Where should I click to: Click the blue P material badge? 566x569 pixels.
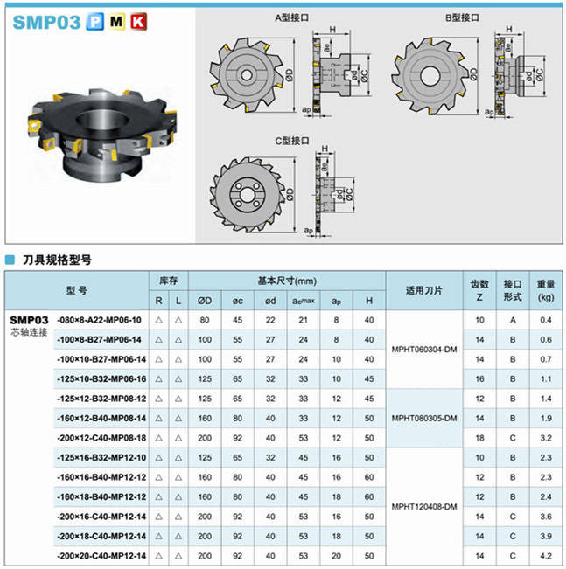point(94,21)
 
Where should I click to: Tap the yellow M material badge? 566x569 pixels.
point(116,21)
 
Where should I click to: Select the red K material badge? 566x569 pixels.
point(138,21)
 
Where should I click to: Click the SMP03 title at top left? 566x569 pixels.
point(46,22)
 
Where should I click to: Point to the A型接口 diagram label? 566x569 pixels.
point(291,17)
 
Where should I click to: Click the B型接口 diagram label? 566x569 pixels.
point(462,17)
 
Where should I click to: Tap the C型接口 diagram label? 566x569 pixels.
point(292,141)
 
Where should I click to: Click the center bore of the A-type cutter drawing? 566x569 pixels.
point(247,75)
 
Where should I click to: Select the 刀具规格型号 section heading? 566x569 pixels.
point(57,260)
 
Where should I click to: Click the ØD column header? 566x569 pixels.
point(205,301)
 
